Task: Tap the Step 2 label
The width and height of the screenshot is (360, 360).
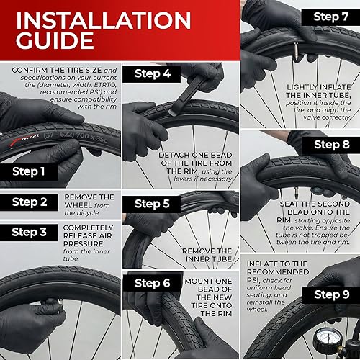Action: [30, 202]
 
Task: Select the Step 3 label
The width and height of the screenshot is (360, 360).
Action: [30, 232]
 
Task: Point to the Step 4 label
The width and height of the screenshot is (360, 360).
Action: [153, 73]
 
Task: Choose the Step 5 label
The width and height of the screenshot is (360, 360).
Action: [153, 204]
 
